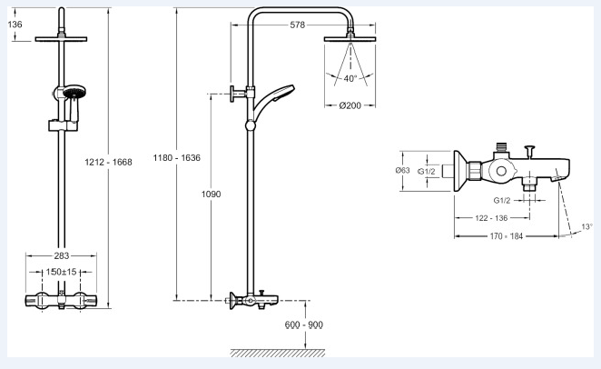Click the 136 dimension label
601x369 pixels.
(15, 25)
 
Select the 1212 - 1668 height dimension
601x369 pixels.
(108, 163)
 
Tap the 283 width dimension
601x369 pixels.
(62, 255)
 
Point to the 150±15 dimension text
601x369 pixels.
(62, 272)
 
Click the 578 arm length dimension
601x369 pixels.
(298, 25)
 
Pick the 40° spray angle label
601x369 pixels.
(350, 79)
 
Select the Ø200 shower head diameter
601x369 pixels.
(350, 105)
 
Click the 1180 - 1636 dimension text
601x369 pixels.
(177, 157)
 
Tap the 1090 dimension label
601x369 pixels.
(212, 194)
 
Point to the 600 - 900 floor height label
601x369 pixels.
(304, 324)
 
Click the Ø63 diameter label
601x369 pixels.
(402, 170)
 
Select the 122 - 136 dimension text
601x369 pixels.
(491, 218)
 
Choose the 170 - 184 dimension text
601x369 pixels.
(507, 236)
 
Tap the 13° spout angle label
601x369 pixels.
(586, 226)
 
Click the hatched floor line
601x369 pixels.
(278, 353)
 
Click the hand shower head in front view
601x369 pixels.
(74, 93)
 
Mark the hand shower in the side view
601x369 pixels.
(273, 101)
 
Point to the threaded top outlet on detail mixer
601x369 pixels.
(501, 146)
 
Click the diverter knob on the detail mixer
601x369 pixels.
(529, 151)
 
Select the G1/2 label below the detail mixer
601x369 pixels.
(502, 201)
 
